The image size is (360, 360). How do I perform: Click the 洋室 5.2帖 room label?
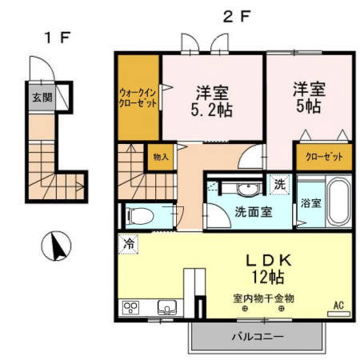click(214, 101)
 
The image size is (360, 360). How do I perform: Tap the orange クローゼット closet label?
click(324, 157)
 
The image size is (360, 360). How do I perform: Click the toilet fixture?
click(140, 214)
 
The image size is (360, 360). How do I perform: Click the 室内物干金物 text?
click(263, 298)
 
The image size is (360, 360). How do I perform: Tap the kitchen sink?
click(169, 306)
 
